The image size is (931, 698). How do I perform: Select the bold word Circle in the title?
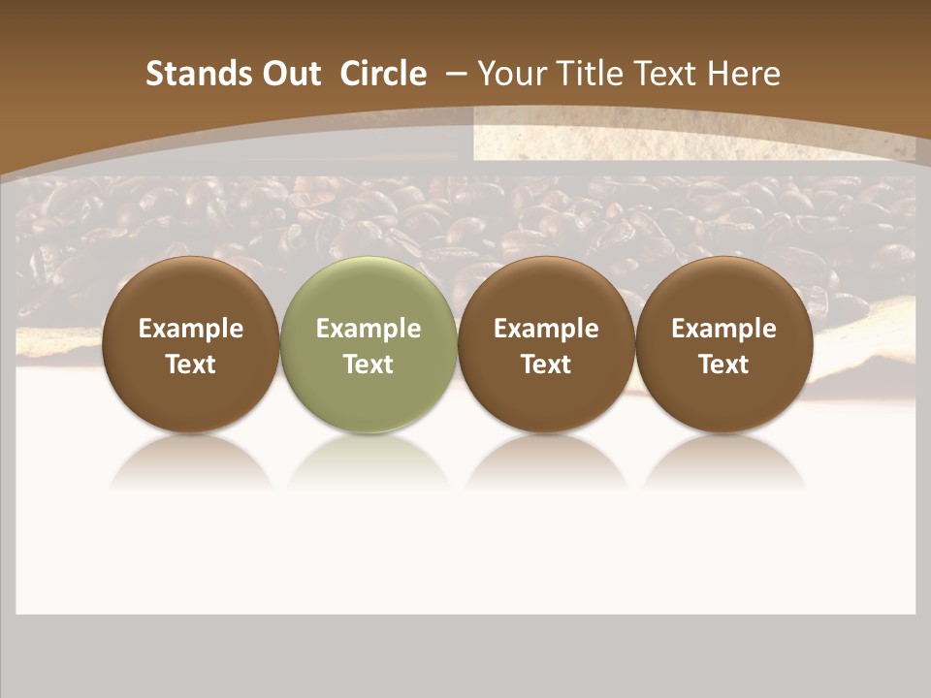383,74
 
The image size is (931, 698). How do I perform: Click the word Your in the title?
511,74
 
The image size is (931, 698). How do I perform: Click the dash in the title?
456,74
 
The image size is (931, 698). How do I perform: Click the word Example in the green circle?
369,329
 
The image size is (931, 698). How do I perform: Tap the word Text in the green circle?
369,365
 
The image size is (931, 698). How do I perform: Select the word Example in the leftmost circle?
190,329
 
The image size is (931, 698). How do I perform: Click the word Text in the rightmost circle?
723,365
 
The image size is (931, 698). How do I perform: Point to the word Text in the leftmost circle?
190,365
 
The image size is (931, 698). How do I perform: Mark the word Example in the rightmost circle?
723,329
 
